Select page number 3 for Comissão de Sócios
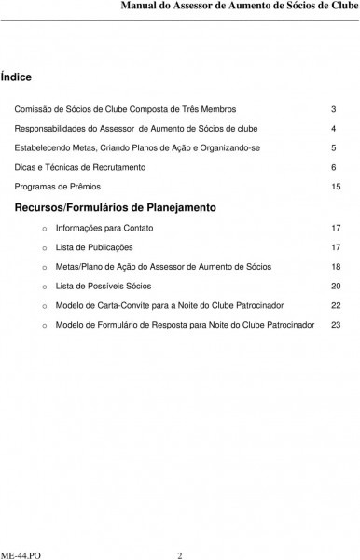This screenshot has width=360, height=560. pos(334,109)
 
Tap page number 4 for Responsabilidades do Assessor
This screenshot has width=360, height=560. pos(334,129)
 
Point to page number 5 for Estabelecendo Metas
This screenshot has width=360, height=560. pos(334,147)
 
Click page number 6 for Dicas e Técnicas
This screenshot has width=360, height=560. pos(334,167)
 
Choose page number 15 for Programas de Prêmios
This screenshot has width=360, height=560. pos(336,187)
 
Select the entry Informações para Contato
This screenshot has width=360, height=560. pos(104,228)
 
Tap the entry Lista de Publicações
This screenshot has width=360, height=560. pos(94,247)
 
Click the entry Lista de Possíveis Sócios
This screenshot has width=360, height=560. pos(104,286)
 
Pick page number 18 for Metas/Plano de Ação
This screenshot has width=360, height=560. pos(336,267)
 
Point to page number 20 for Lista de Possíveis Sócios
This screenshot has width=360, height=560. pos(336,286)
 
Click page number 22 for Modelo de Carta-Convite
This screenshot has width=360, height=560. pos(336,305)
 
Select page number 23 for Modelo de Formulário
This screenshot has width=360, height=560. pos(336,325)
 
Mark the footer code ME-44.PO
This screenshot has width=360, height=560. pos(21,551)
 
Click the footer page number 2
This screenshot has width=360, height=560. pos(180,551)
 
